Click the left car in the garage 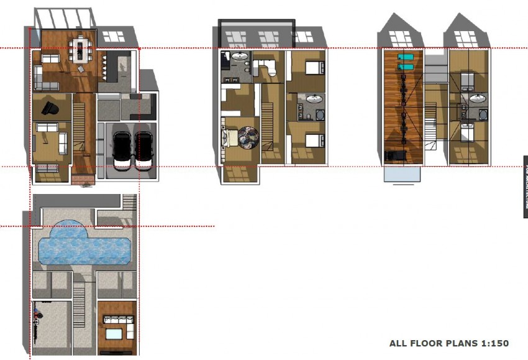click(x=122, y=149)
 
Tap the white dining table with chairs click(x=79, y=49)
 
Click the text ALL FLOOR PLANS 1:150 click(x=448, y=343)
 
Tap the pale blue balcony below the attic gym click(x=401, y=173)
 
